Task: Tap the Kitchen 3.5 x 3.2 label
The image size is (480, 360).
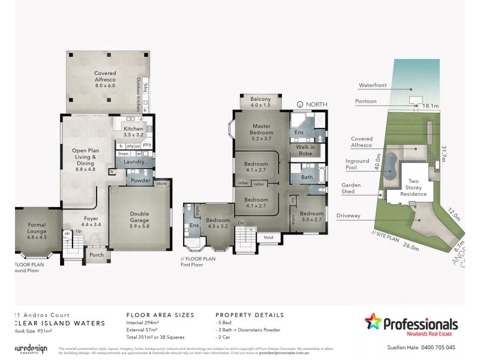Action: (133, 132)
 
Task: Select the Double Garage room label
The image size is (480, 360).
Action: (144, 217)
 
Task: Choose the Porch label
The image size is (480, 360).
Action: (96, 255)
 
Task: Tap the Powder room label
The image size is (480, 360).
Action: (141, 179)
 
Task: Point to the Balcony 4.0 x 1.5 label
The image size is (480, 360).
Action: (260, 102)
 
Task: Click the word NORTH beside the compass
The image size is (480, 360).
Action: (316, 104)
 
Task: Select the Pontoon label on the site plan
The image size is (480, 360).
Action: (365, 101)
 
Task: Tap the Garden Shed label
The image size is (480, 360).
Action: (351, 189)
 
